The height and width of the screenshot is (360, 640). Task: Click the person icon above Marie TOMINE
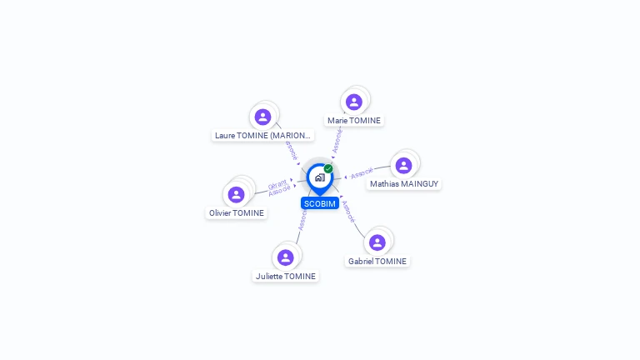click(354, 102)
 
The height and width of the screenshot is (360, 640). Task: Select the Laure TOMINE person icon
click(263, 117)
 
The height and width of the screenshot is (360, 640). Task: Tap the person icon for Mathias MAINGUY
click(403, 166)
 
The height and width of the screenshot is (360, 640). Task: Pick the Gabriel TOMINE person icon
click(377, 242)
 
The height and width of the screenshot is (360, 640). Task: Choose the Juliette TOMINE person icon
click(285, 257)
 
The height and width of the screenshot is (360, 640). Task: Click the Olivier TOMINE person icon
click(237, 194)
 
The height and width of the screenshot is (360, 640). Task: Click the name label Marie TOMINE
click(354, 121)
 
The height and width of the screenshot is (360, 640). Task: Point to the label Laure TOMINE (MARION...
click(262, 135)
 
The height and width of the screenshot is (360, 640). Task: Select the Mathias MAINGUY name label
click(404, 184)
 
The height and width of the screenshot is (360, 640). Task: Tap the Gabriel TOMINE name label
click(377, 262)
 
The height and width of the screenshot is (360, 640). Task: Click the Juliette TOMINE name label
click(286, 277)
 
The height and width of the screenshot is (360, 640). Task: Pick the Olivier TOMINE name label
click(237, 213)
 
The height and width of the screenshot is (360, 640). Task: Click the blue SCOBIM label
click(320, 203)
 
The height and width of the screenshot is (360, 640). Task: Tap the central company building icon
click(319, 177)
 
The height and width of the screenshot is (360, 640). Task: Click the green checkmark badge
click(328, 168)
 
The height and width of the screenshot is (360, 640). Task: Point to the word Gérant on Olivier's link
click(277, 183)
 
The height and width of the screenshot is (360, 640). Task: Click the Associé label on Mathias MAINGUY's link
click(362, 174)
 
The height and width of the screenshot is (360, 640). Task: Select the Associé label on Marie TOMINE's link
click(337, 140)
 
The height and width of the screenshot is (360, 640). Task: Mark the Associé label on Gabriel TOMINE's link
click(349, 212)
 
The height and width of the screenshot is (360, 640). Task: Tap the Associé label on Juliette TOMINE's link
click(302, 220)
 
